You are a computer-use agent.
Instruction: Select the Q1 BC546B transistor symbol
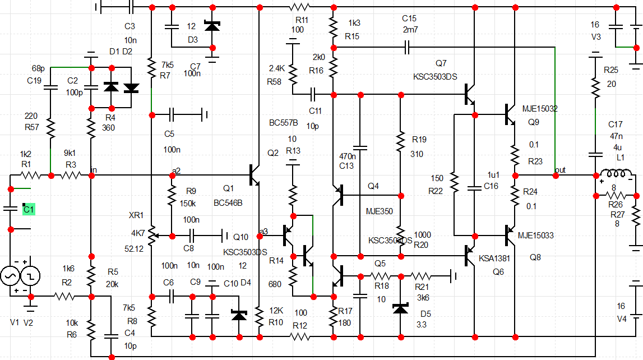[255, 175]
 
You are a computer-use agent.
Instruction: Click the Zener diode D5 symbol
[400, 308]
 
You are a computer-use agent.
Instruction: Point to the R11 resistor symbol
[299, 7]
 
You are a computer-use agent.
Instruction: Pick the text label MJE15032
[540, 108]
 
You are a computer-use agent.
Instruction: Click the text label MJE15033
[535, 236]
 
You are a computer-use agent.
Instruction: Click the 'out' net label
[560, 169]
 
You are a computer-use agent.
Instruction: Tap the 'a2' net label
[177, 169]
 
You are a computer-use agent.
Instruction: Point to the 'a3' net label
[263, 230]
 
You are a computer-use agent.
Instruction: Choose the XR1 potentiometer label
[136, 215]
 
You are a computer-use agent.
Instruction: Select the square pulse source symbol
[30, 275]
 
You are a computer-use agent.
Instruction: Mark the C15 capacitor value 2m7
[410, 29]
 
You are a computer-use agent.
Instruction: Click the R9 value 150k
[187, 202]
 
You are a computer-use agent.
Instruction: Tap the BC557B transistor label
[283, 122]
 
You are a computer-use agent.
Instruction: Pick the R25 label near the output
[610, 70]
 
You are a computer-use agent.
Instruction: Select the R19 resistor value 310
[417, 154]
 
